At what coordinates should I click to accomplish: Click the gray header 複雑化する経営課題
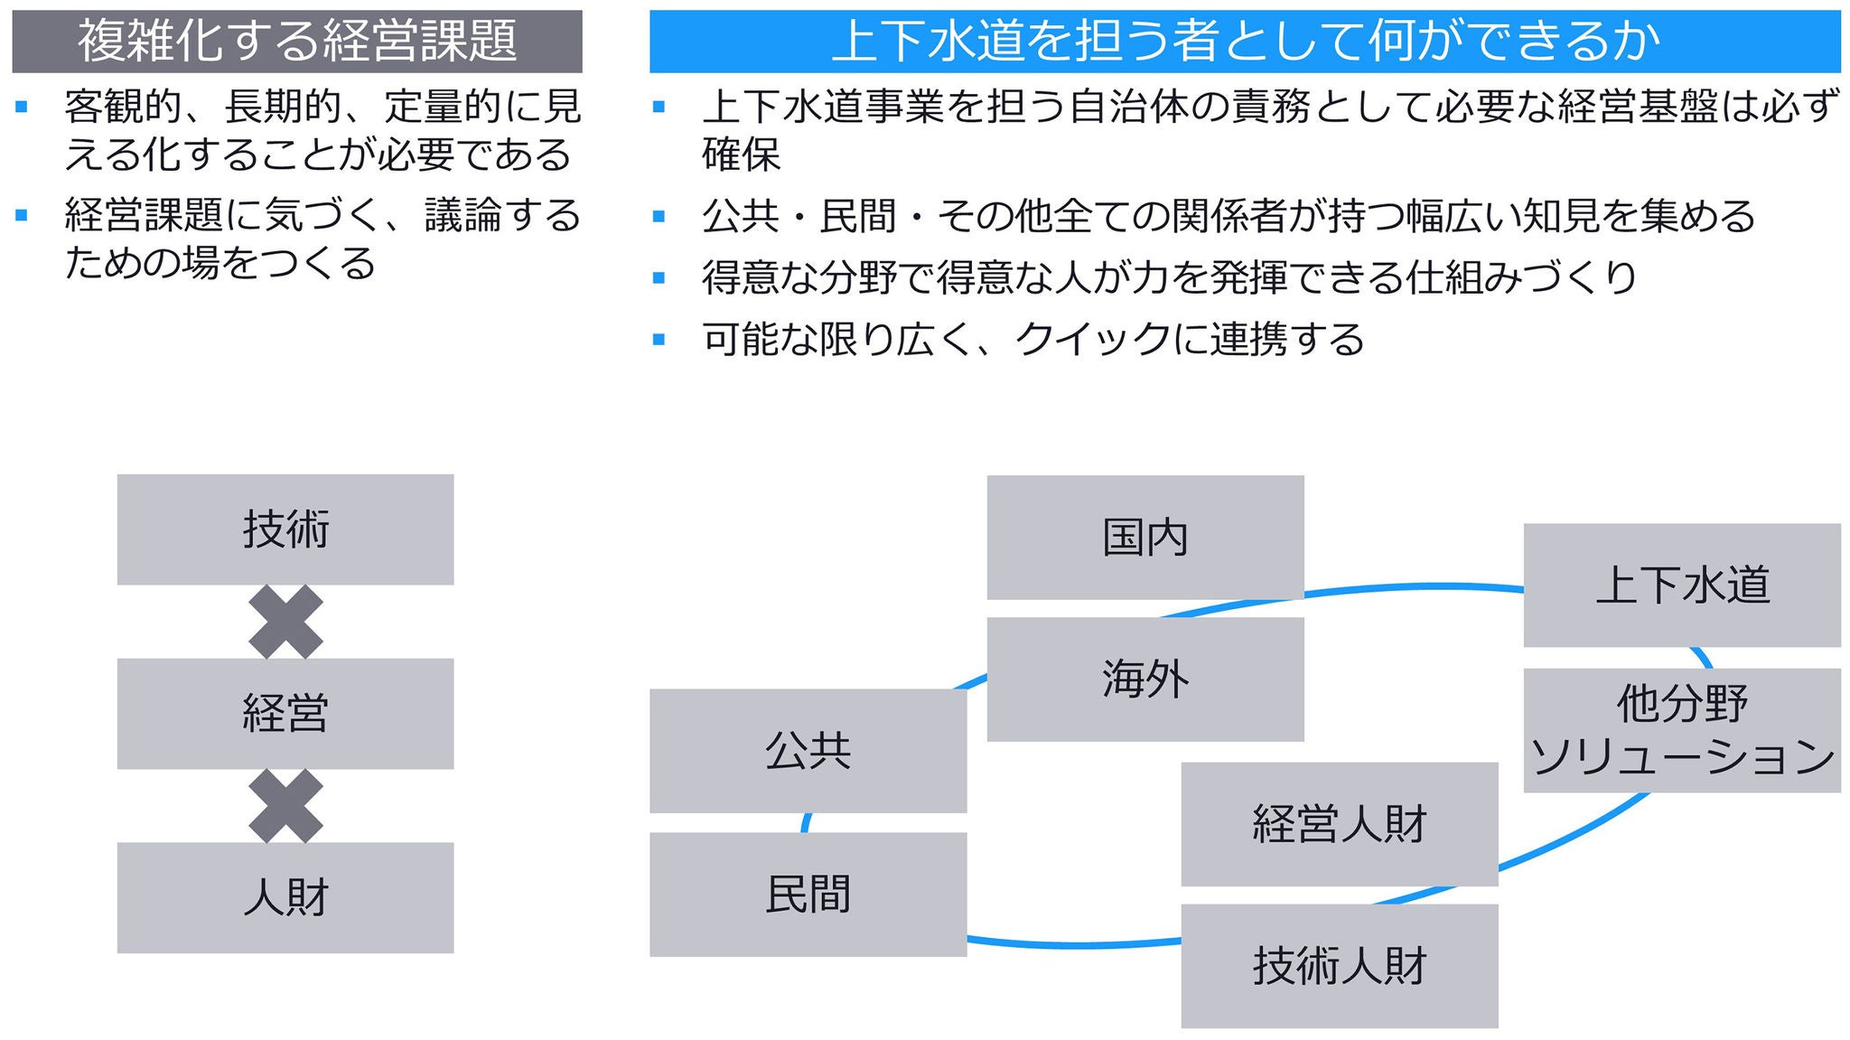(296, 42)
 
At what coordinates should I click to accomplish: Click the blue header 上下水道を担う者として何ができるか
(1244, 42)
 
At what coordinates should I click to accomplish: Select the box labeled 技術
(285, 529)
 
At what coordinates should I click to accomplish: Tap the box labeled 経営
(285, 714)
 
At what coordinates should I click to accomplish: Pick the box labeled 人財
(285, 897)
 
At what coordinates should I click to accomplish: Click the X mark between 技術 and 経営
(285, 622)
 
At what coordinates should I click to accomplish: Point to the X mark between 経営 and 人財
(285, 806)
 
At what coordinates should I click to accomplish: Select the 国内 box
(1145, 538)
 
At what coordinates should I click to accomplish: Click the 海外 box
(1145, 679)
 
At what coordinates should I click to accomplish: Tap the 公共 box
(808, 751)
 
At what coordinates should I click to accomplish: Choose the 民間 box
(808, 895)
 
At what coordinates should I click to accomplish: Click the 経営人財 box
(1339, 824)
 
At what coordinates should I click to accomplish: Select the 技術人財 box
(1339, 966)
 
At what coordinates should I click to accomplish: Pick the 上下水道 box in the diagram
(1681, 586)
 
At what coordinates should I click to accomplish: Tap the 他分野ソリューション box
(1681, 730)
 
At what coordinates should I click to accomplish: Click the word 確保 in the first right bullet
(741, 155)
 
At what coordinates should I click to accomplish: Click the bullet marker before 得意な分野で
(659, 278)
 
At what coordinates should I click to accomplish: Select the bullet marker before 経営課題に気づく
(22, 216)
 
